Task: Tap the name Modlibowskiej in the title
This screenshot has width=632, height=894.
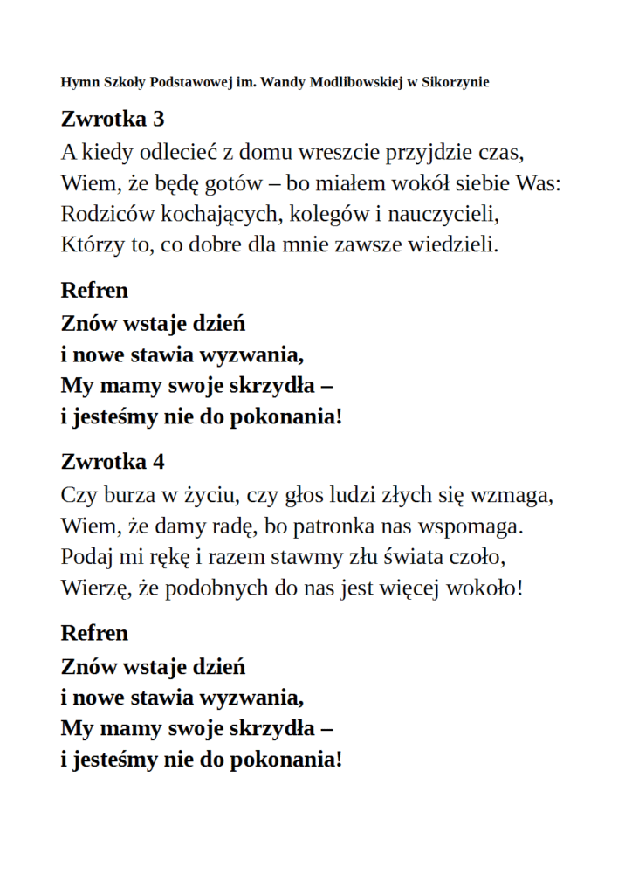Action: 347,83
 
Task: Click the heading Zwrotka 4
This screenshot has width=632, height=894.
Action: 113,461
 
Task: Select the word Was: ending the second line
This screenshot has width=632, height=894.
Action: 539,184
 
